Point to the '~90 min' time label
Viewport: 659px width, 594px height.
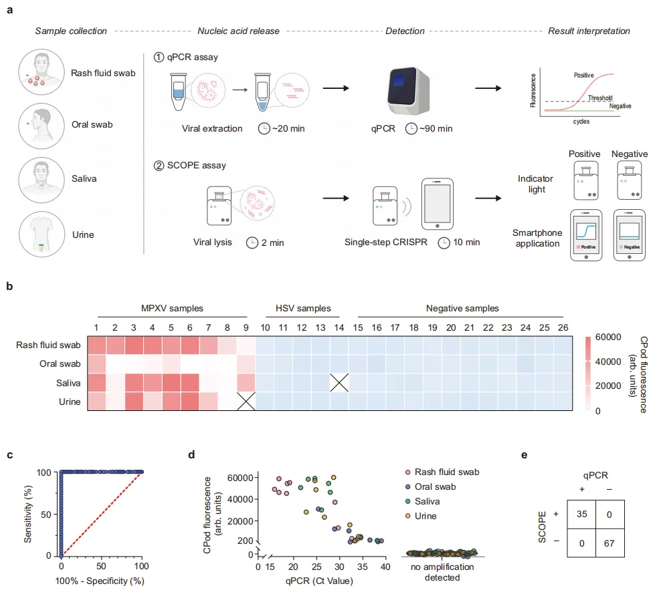435,128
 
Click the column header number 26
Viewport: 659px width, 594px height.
563,329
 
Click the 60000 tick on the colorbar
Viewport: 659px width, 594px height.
609,337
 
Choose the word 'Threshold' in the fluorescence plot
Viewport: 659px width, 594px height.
599,98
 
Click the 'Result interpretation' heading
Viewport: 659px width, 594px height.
589,31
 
